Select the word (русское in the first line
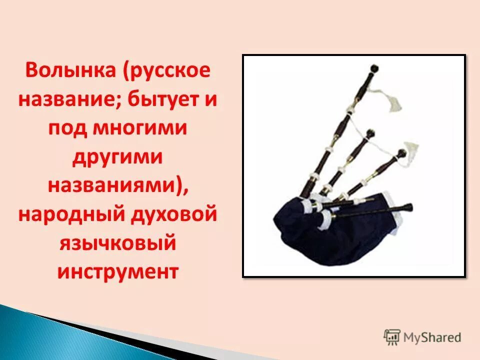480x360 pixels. point(165,70)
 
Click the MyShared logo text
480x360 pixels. point(432,337)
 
